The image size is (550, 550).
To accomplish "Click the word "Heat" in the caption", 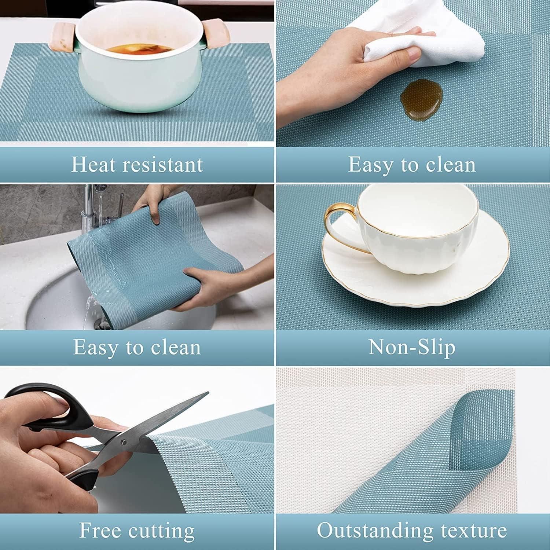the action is [x=93, y=165].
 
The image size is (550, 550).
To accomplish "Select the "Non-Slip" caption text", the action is [x=411, y=346].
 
